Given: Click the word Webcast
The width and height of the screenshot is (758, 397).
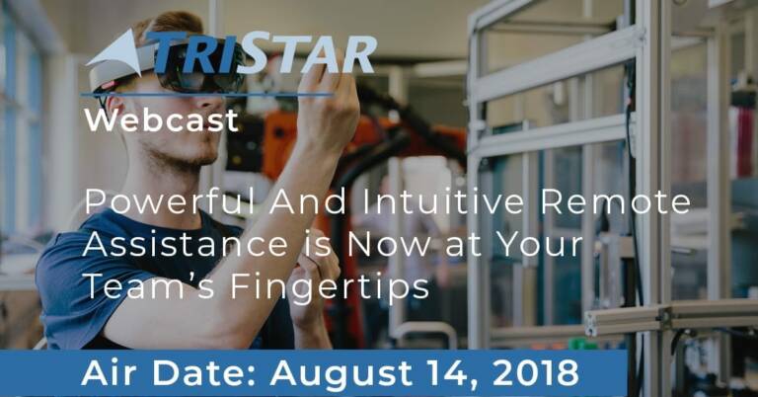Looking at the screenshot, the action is tap(162, 120).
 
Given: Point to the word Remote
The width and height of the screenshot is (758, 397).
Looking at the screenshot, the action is tap(616, 202).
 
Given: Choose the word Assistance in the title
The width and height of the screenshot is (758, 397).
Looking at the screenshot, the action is tap(186, 244).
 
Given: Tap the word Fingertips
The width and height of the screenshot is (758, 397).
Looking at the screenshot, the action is tap(330, 287).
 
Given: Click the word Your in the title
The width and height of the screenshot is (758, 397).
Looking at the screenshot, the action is tap(541, 244).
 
